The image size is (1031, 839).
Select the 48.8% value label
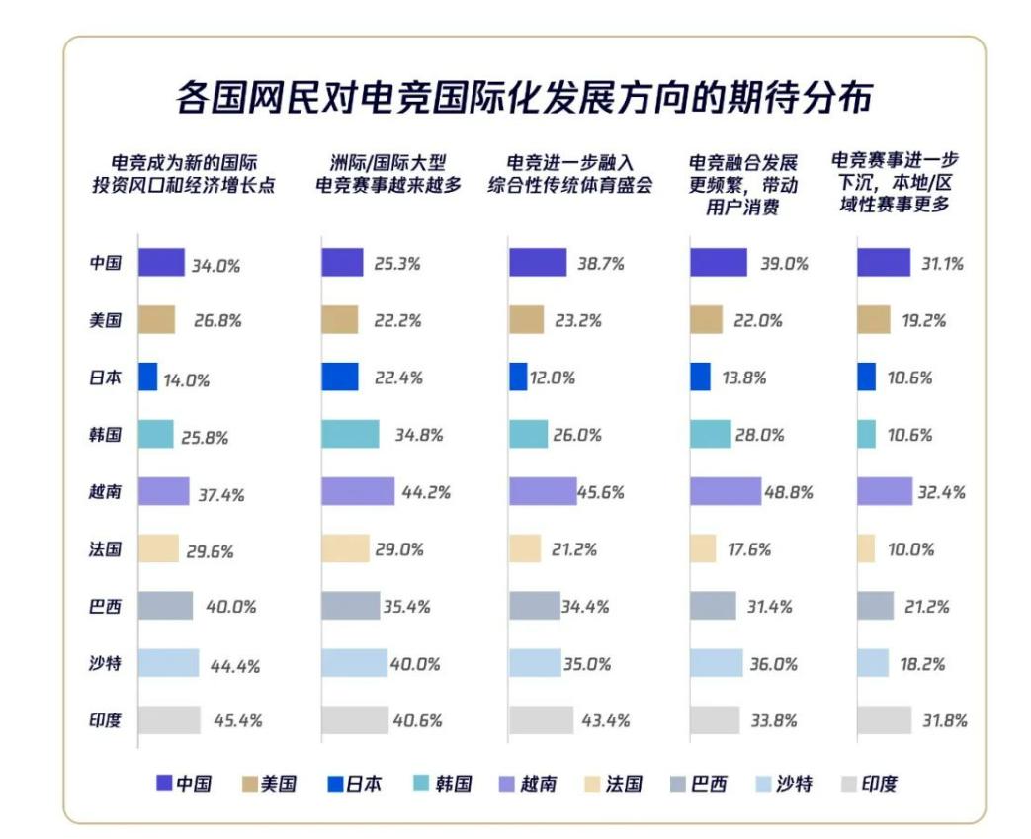click(x=789, y=492)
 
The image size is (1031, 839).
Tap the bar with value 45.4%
click(x=169, y=720)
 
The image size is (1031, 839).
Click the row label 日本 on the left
click(x=106, y=378)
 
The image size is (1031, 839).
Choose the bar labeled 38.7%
click(x=538, y=263)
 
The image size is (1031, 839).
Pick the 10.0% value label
click(x=909, y=549)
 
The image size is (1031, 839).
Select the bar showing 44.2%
click(x=358, y=491)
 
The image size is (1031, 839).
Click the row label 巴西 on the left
click(x=106, y=607)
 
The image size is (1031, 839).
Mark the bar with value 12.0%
click(x=518, y=378)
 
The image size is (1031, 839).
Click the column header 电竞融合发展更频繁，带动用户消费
click(x=743, y=184)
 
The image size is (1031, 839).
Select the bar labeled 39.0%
click(x=719, y=263)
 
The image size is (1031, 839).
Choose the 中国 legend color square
click(x=165, y=784)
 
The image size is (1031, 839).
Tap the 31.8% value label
click(x=942, y=720)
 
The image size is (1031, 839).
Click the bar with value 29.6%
click(x=158, y=549)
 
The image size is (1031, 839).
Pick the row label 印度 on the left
click(x=106, y=720)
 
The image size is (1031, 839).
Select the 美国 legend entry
click(x=268, y=784)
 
